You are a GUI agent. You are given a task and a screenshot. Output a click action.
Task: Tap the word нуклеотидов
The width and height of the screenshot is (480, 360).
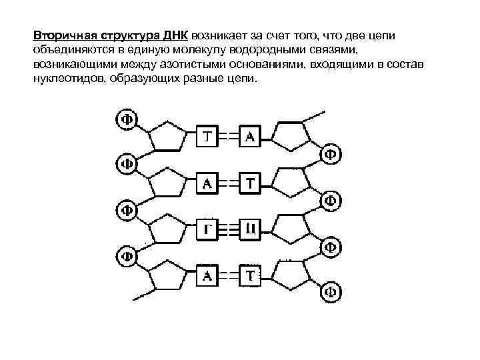[67, 78]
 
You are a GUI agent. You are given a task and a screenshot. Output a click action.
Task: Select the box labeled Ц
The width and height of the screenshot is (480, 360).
[251, 229]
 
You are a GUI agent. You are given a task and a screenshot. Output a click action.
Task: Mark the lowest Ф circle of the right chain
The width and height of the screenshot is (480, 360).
[331, 291]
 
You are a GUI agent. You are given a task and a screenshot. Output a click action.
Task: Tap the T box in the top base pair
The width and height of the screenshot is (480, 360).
[208, 137]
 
